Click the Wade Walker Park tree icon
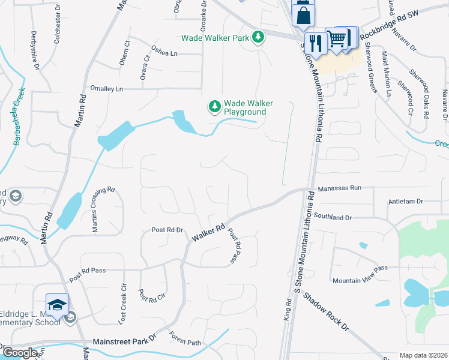258,37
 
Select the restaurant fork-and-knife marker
313,43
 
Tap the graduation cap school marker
58,305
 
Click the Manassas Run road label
339,188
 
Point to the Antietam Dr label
406,202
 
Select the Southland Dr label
332,217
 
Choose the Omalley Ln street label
106,89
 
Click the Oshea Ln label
164,53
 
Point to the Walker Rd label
208,233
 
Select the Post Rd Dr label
167,230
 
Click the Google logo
19,353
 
